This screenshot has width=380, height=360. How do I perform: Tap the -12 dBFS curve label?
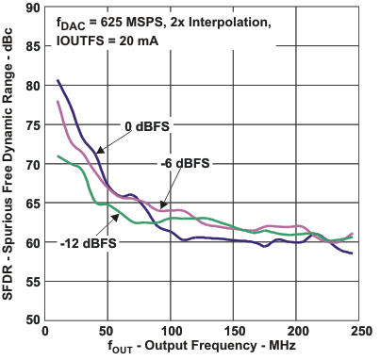coord(82,239)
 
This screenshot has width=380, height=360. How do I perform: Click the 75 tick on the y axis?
coord(33,124)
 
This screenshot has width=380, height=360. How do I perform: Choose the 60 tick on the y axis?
coord(33,242)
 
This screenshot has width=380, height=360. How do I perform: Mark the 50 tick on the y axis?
coord(33,320)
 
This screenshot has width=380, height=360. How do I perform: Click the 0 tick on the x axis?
coord(45,332)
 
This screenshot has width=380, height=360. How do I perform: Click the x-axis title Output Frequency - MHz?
coord(212,350)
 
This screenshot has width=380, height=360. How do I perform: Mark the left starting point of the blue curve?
coord(58,81)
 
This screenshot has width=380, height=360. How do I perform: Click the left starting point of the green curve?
coord(58,156)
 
